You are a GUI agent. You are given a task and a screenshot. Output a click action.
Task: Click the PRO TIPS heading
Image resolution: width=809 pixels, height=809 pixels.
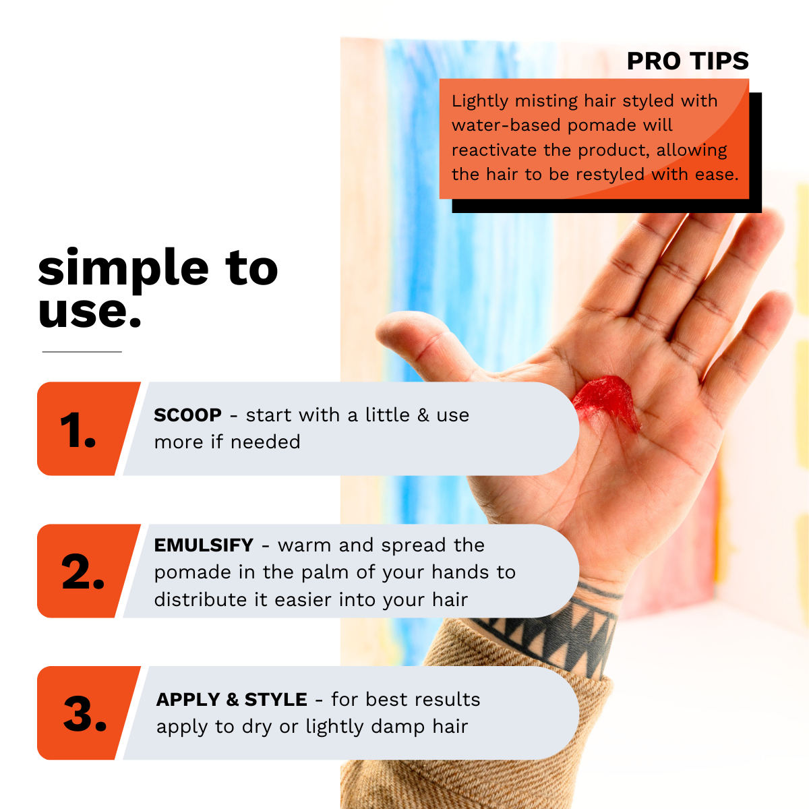coord(688,61)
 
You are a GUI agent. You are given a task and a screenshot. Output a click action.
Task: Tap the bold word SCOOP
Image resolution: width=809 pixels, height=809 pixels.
coord(187,415)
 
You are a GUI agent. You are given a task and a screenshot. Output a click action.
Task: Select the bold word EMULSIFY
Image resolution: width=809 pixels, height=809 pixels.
coord(204,545)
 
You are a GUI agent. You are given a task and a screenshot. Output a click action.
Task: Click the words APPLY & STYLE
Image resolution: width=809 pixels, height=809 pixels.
coord(231,700)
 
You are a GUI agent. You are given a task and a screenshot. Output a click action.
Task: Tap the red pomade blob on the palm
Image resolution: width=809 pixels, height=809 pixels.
coord(607,400)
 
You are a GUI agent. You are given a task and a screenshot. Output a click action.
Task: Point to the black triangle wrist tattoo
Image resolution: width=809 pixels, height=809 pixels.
coord(546,630)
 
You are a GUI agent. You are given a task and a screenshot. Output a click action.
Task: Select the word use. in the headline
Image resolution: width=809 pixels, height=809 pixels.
coord(90,311)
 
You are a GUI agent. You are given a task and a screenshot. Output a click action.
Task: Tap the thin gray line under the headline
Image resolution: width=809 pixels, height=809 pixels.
coord(82,352)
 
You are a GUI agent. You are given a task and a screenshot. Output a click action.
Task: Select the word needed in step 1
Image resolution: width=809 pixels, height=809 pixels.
coord(266,442)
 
